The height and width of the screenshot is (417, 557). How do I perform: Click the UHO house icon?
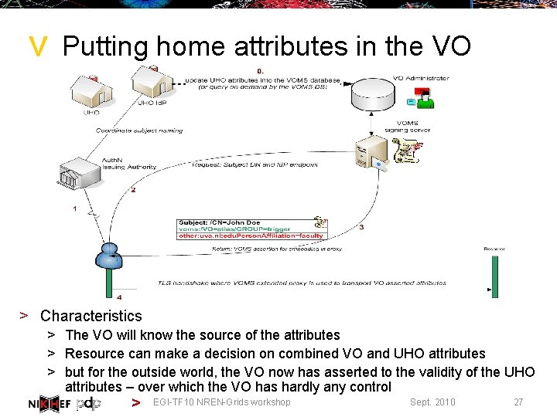(x=92, y=93)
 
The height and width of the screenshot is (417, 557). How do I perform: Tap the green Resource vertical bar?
(x=494, y=275)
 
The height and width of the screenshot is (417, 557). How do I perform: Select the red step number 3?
(x=361, y=227)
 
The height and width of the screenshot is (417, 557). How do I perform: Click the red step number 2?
(x=133, y=190)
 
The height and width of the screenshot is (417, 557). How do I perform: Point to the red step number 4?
(x=118, y=297)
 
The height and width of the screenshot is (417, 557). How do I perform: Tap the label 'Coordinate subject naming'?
(x=139, y=131)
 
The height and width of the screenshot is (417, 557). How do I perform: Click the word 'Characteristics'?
(x=91, y=316)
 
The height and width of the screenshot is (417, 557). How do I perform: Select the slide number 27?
(x=518, y=402)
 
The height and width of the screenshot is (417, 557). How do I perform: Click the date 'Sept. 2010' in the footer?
(x=432, y=402)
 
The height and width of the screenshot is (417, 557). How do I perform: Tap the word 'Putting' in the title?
(x=104, y=48)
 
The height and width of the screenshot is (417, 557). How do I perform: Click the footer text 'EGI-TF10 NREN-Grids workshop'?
(x=222, y=402)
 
